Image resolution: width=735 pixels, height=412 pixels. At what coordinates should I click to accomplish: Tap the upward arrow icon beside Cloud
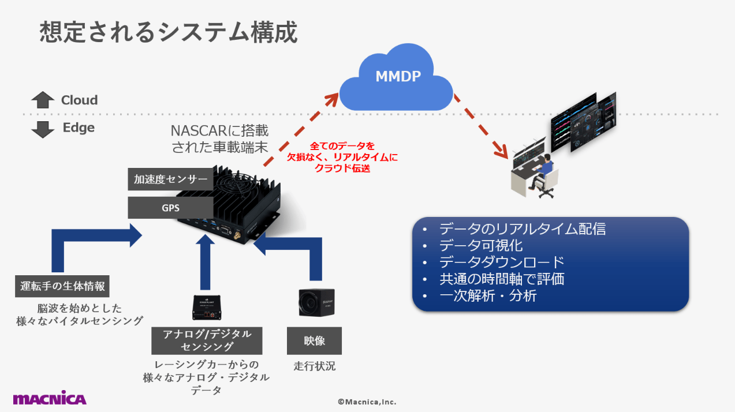coord(43,100)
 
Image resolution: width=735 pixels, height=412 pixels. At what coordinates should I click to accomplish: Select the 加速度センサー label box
coord(170,179)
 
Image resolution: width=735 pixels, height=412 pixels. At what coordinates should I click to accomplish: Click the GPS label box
coord(170,208)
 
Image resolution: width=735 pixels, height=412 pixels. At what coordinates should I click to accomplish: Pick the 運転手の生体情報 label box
coord(62,286)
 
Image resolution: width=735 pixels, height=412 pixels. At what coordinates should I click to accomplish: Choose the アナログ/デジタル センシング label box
coord(207,340)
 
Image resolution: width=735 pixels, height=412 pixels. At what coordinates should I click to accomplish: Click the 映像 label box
coord(314,340)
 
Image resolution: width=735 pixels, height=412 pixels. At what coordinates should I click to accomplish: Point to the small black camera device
coord(316,301)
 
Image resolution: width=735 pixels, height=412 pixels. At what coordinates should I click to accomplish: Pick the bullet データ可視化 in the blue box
coord(480,245)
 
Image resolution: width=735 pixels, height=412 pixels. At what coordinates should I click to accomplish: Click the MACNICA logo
coord(50,398)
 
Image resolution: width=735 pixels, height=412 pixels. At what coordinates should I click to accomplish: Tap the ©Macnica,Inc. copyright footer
coord(367,402)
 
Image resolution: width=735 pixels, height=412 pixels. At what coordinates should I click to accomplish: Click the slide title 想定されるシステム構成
coord(168,32)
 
